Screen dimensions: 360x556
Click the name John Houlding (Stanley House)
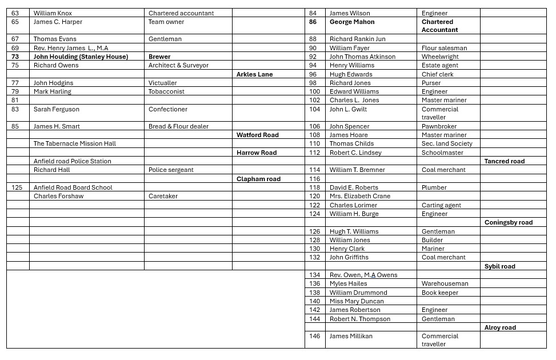pyautogui.click(x=81, y=57)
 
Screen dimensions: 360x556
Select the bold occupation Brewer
pyautogui.click(x=159, y=57)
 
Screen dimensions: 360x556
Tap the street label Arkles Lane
pyautogui.click(x=254, y=74)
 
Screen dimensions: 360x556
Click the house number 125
pyautogui.click(x=18, y=187)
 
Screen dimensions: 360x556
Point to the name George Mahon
pyautogui.click(x=352, y=22)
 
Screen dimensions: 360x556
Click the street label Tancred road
pyautogui.click(x=504, y=161)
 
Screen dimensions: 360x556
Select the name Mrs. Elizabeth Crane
pyautogui.click(x=360, y=196)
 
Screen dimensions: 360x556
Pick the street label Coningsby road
pyautogui.click(x=508, y=222)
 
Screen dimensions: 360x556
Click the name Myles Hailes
pyautogui.click(x=348, y=283)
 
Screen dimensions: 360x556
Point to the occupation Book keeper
pyautogui.click(x=440, y=293)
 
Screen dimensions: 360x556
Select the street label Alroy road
pyautogui.click(x=500, y=327)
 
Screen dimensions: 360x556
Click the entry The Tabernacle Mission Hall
pyautogui.click(x=75, y=143)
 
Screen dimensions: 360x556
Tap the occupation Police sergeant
pyautogui.click(x=171, y=170)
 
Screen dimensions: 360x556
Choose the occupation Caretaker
pyautogui.click(x=163, y=196)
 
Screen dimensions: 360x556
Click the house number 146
pyautogui.click(x=315, y=336)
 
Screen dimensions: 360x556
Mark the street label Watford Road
pyautogui.click(x=257, y=135)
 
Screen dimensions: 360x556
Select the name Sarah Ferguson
pyautogui.click(x=57, y=109)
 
